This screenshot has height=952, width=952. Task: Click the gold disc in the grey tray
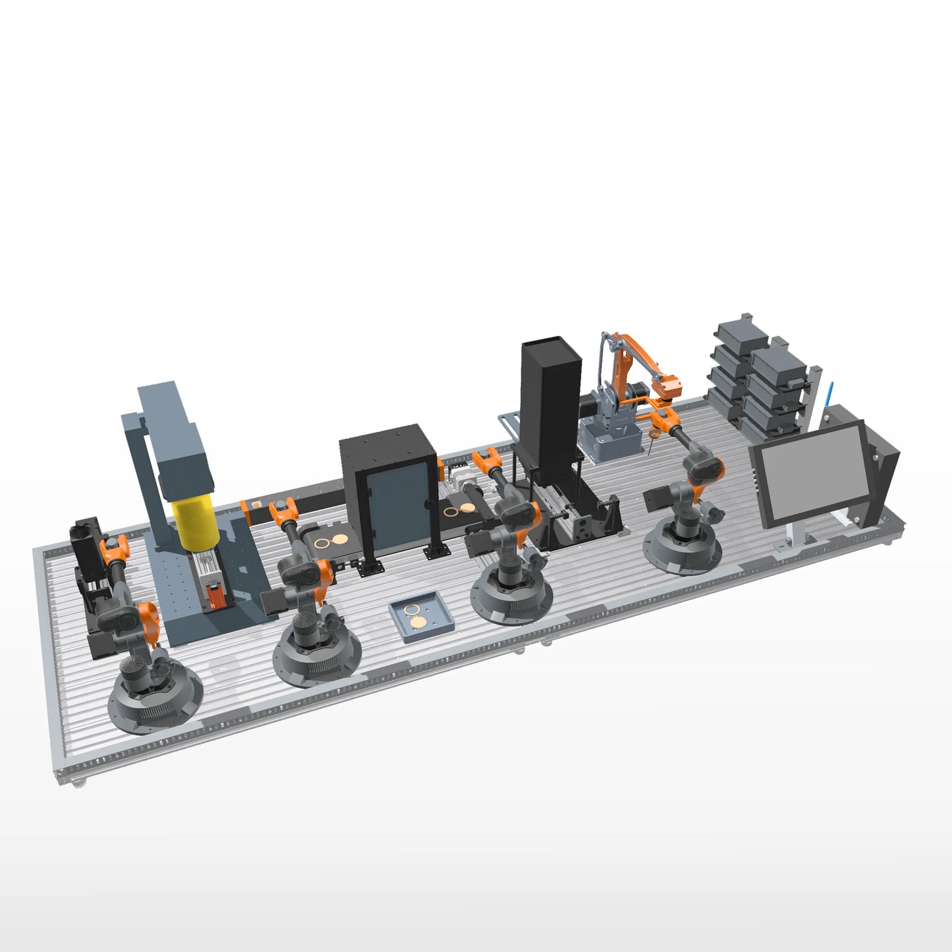(x=418, y=621)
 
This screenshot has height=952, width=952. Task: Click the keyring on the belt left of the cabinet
(x=330, y=541)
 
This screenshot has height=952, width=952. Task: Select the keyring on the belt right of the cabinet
(x=459, y=510)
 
